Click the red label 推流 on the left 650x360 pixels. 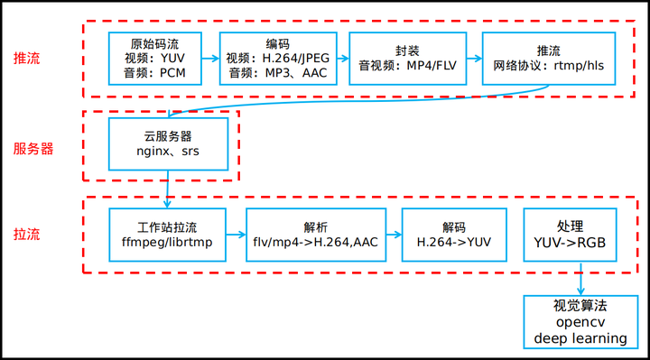(26, 59)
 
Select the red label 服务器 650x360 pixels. (33, 149)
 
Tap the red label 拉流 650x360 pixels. (26, 235)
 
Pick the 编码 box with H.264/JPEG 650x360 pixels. (278, 59)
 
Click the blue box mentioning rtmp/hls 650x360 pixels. (548, 59)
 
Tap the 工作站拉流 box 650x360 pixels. (167, 235)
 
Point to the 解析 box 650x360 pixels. (316, 235)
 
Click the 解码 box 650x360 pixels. (454, 235)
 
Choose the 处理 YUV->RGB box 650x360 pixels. (570, 235)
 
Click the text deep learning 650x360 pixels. (580, 337)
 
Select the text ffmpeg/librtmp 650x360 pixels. (167, 243)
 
